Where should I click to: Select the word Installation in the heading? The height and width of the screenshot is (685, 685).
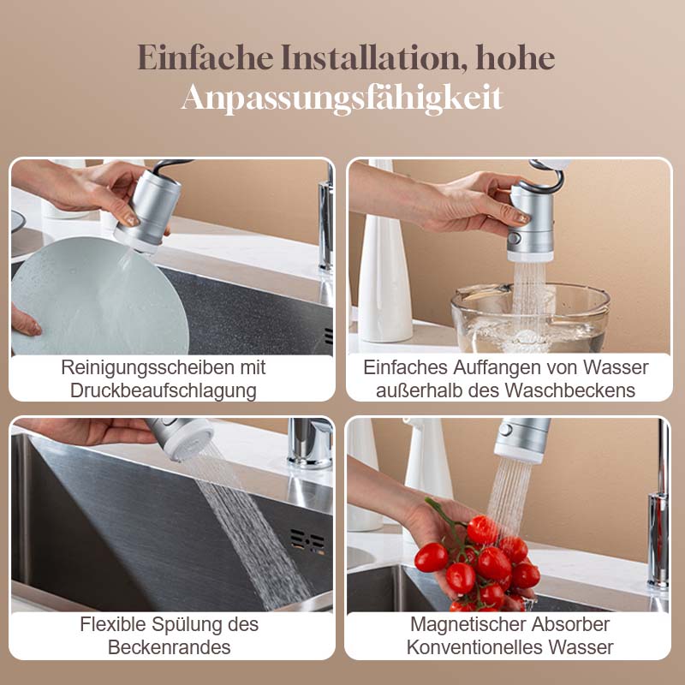[371, 58]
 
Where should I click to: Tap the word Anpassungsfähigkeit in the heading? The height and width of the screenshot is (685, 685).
[342, 98]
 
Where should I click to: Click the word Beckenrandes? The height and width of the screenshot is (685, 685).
[169, 646]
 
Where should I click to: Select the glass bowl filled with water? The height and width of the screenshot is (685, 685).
[530, 317]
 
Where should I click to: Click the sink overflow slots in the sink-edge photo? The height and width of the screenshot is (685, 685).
[307, 541]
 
